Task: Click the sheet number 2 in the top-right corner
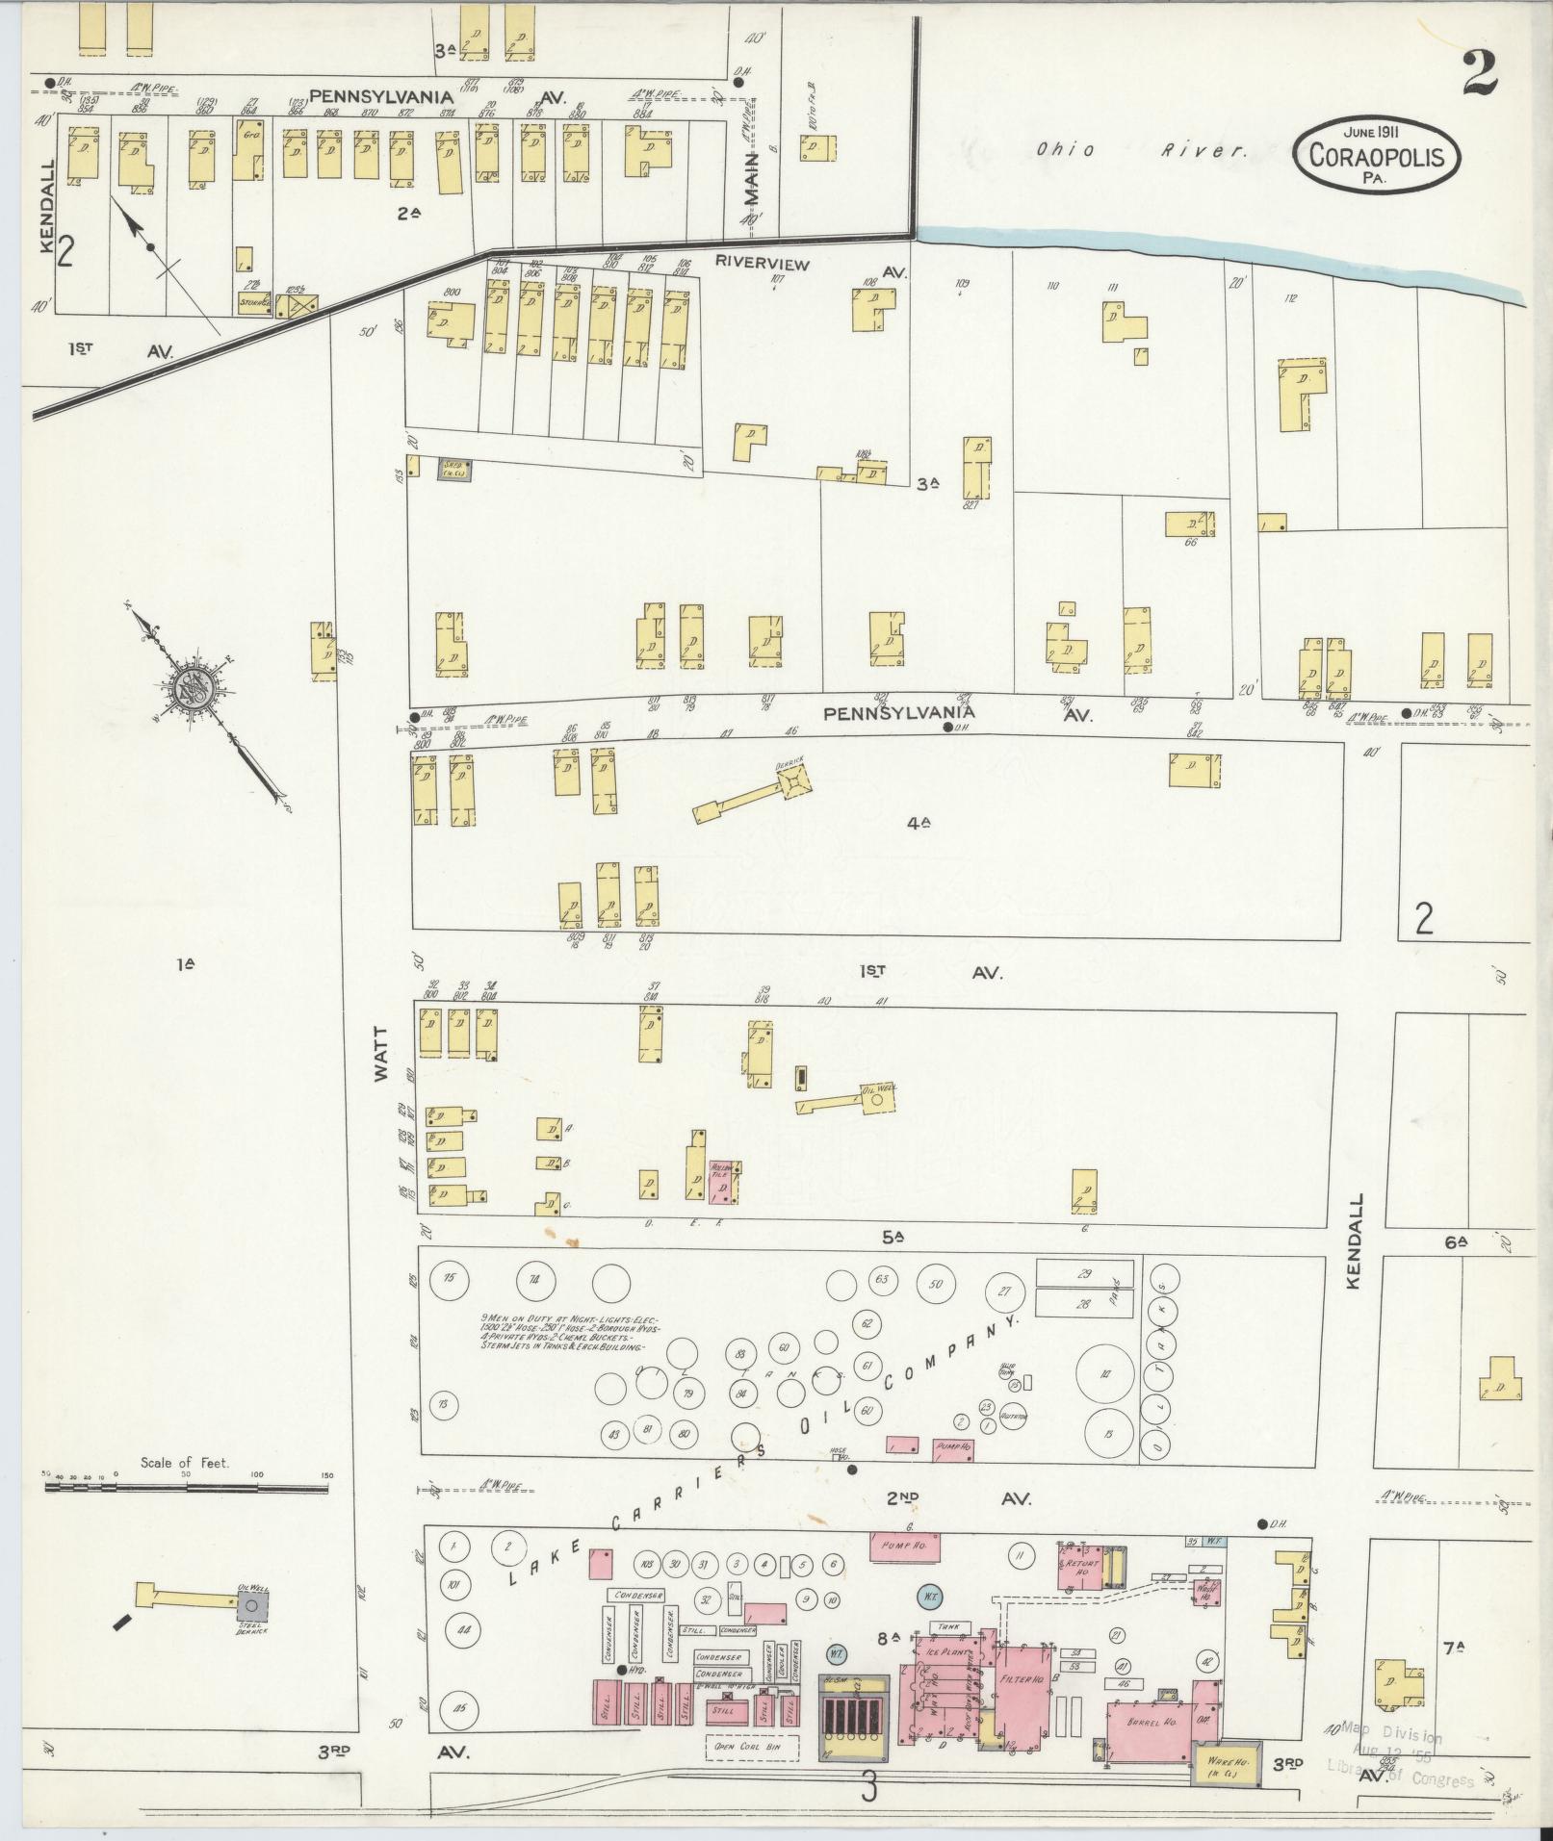tap(1478, 73)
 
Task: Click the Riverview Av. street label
tap(762, 263)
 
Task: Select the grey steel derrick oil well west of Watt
tap(253, 1604)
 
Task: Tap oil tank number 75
tap(448, 1278)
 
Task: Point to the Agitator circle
tap(1013, 1416)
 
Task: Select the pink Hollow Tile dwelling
tap(722, 1182)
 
